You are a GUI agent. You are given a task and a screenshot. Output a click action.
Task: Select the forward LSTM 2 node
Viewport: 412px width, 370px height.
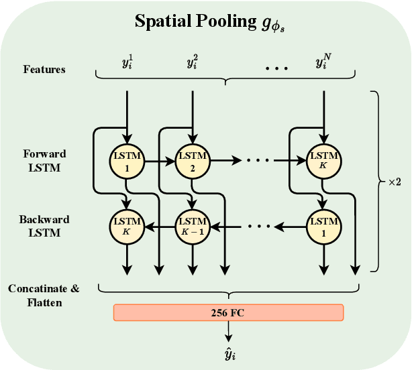(x=193, y=160)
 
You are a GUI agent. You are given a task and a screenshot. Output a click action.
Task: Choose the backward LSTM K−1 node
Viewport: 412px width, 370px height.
(x=193, y=225)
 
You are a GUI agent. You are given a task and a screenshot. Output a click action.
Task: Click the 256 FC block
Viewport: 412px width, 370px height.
(x=228, y=312)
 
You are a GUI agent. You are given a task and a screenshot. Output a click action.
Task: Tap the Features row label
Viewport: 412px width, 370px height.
(x=44, y=69)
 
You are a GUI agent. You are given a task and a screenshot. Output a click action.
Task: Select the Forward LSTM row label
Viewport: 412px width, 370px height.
(x=44, y=161)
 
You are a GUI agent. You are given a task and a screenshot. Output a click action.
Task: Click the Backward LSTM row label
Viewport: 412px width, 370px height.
(x=44, y=226)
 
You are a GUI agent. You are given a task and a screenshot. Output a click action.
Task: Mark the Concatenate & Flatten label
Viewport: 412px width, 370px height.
(x=44, y=294)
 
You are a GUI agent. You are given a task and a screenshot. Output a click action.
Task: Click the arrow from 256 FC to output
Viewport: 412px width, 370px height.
(x=229, y=330)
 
